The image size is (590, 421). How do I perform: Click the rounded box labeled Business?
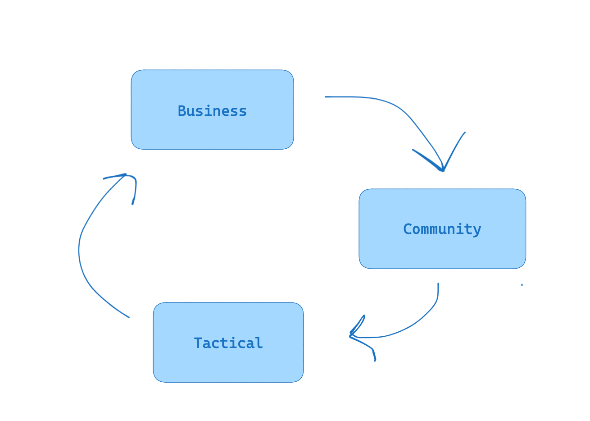(x=212, y=131)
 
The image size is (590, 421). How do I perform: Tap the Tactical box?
(x=228, y=365)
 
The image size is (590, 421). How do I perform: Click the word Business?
(x=212, y=111)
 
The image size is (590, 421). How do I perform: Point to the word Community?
(x=442, y=229)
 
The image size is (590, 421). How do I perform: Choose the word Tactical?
(x=228, y=343)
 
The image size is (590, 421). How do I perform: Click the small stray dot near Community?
(x=522, y=285)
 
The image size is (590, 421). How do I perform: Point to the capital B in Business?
(x=182, y=111)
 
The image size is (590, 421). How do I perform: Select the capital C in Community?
(x=408, y=229)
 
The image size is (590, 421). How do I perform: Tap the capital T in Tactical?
(x=198, y=343)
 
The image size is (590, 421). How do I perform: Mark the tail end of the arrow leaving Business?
(x=326, y=96)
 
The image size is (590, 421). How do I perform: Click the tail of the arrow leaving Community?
(x=438, y=284)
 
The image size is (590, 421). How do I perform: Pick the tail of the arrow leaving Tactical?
(x=129, y=317)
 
